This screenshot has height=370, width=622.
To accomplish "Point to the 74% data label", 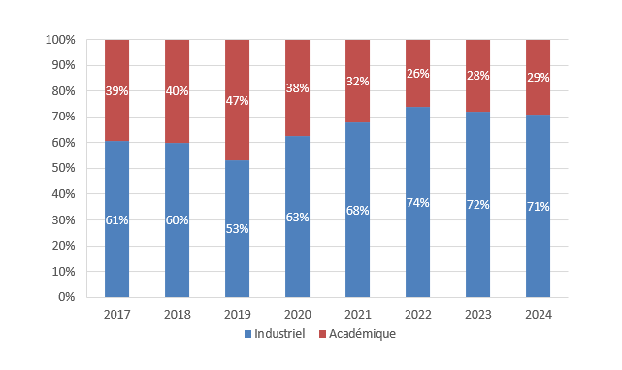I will click(x=417, y=202).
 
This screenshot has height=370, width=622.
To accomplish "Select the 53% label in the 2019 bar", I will click(x=237, y=229).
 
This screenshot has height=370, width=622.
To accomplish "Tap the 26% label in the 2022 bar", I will click(x=417, y=73).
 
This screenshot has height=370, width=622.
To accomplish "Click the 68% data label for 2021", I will click(x=357, y=210).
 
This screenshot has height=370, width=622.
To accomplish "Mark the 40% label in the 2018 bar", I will click(x=177, y=91).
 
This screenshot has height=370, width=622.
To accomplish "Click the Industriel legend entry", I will click(x=275, y=334).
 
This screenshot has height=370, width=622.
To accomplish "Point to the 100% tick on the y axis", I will click(x=60, y=40).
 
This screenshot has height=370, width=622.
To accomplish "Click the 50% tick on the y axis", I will click(x=63, y=168).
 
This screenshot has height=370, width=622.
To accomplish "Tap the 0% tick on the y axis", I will click(x=66, y=297).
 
